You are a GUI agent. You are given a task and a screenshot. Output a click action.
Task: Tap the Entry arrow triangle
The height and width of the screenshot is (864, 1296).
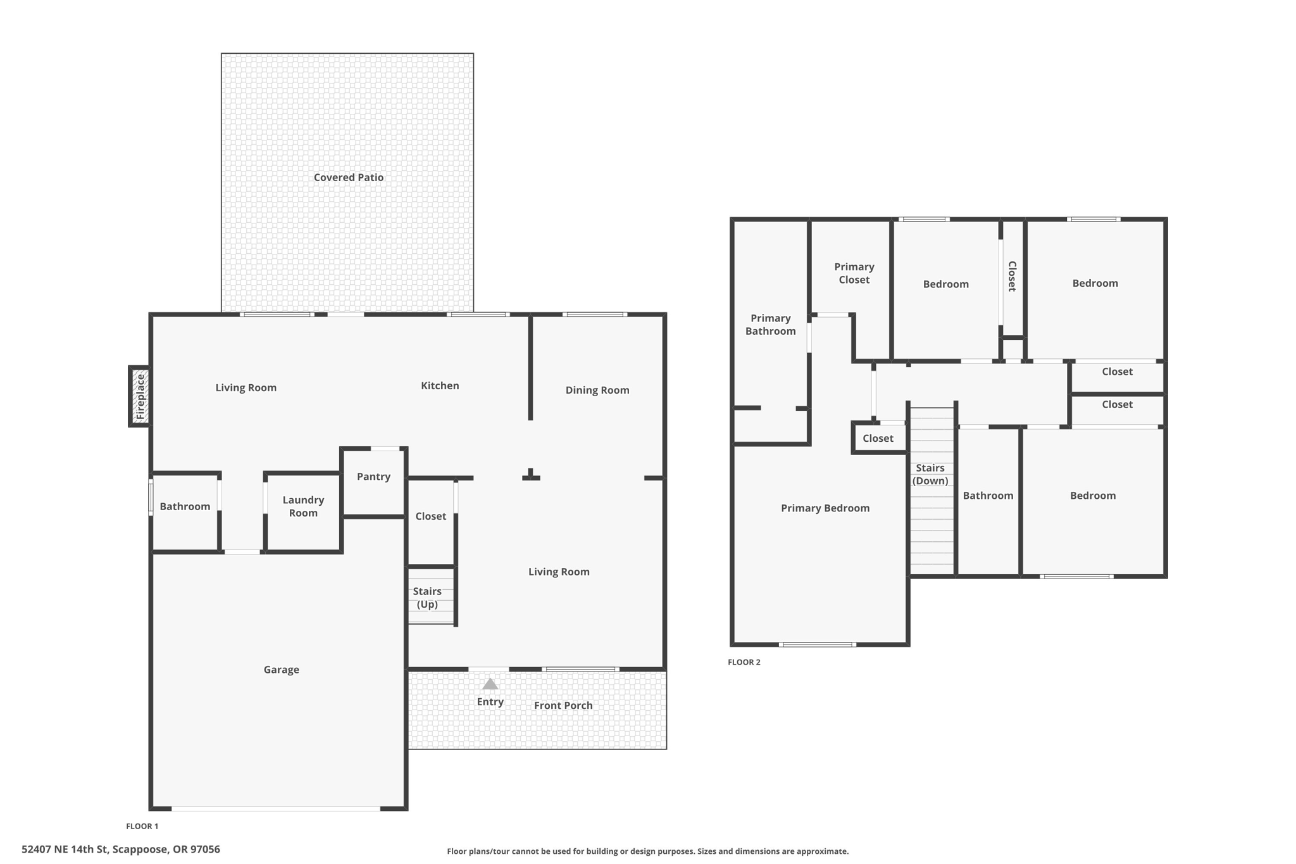pyautogui.click(x=490, y=684)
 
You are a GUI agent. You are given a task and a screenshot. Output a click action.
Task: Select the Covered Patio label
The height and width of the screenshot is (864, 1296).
pyautogui.click(x=349, y=177)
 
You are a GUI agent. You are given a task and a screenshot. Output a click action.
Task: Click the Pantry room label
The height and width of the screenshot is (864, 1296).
pyautogui.click(x=373, y=477)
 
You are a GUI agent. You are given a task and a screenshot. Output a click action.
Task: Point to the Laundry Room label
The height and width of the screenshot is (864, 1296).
pyautogui.click(x=303, y=506)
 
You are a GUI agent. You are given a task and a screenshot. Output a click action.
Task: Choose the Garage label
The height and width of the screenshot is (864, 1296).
pyautogui.click(x=281, y=670)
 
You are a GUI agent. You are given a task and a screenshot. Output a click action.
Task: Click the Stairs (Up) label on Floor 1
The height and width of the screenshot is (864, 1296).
pyautogui.click(x=427, y=598)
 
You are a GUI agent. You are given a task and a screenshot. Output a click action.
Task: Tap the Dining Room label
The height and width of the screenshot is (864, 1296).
pyautogui.click(x=597, y=390)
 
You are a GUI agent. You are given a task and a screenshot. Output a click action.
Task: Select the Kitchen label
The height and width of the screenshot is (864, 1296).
pyautogui.click(x=440, y=385)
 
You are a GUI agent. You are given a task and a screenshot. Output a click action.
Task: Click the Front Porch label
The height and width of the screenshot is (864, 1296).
pyautogui.click(x=563, y=705)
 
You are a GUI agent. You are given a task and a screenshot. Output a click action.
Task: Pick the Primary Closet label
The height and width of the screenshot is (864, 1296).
pyautogui.click(x=854, y=273)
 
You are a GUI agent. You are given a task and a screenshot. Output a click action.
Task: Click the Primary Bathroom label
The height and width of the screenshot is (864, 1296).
pyautogui.click(x=770, y=325)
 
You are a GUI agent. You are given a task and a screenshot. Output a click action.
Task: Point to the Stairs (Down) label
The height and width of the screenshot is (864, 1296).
pyautogui.click(x=930, y=474)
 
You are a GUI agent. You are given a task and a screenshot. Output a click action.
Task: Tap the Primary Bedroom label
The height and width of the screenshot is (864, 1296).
pyautogui.click(x=825, y=508)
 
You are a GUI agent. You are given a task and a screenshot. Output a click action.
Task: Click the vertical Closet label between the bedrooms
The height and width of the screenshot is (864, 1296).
pyautogui.click(x=1012, y=276)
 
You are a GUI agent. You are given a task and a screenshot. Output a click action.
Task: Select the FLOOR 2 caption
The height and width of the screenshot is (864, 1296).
pyautogui.click(x=744, y=662)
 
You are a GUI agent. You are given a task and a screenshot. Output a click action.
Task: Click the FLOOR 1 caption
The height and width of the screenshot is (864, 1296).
pyautogui.click(x=142, y=826)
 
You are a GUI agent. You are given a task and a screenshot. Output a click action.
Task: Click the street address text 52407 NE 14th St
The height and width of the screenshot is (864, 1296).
pyautogui.click(x=121, y=849)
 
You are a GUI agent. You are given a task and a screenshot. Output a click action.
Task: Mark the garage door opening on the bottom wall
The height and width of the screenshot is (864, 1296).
pyautogui.click(x=276, y=808)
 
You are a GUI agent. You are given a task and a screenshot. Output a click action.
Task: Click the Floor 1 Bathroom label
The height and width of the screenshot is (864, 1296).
pyautogui.click(x=185, y=506)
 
